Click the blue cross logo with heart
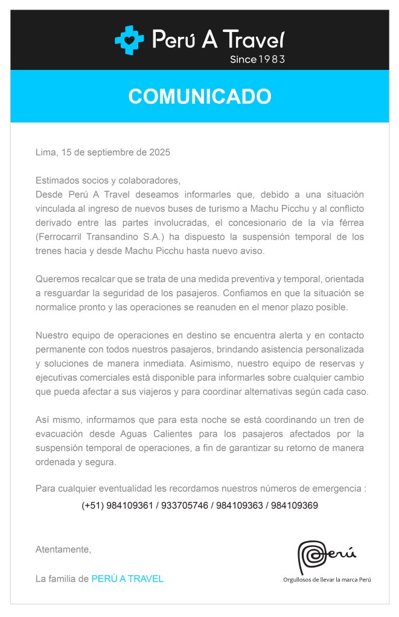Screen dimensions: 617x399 [129, 40]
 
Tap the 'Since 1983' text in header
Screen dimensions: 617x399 [257, 59]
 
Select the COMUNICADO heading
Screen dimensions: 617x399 [199, 97]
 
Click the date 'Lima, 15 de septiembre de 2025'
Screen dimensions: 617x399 [103, 152]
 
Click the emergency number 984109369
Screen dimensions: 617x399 [294, 505]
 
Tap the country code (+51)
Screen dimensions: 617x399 [92, 505]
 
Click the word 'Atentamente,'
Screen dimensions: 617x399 [63, 549]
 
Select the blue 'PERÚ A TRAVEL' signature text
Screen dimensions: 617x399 [127, 578]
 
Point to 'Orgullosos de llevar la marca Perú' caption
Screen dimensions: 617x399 [327, 580]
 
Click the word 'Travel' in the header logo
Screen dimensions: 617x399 [253, 40]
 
